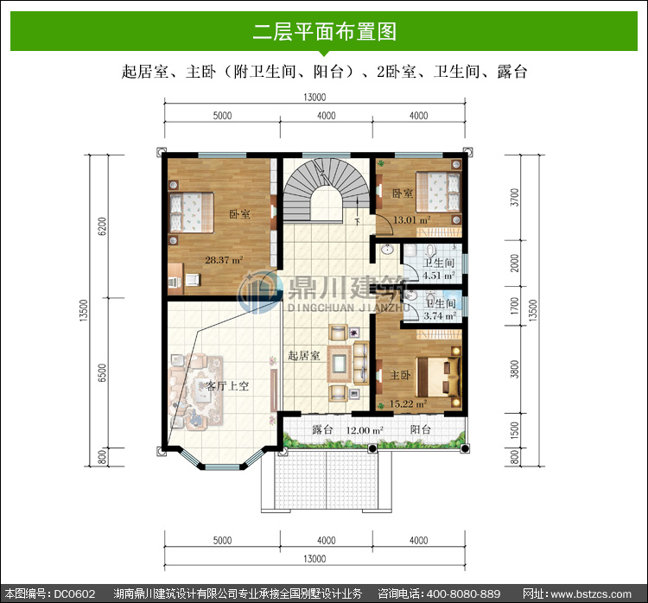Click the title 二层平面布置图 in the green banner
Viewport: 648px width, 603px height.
click(324, 31)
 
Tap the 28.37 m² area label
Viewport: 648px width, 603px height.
click(224, 260)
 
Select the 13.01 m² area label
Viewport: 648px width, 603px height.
click(411, 220)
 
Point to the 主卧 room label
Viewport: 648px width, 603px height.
click(400, 375)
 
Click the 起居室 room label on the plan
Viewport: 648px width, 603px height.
click(304, 355)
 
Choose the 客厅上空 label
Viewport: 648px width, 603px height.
click(227, 386)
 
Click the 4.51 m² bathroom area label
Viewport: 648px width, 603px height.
click(439, 276)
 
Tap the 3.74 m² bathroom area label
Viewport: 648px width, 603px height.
click(440, 316)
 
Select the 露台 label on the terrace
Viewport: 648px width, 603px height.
click(322, 430)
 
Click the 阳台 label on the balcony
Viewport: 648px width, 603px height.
click(420, 430)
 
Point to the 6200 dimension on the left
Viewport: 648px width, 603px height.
click(102, 226)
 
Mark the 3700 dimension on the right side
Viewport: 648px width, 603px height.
click(515, 197)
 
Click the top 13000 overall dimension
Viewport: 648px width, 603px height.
click(314, 97)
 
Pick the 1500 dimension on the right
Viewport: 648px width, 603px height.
click(515, 431)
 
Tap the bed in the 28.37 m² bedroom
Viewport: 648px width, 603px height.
click(191, 213)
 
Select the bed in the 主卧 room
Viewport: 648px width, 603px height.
click(438, 378)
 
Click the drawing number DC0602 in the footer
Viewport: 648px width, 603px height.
click(74, 593)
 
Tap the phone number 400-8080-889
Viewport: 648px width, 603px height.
click(463, 593)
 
